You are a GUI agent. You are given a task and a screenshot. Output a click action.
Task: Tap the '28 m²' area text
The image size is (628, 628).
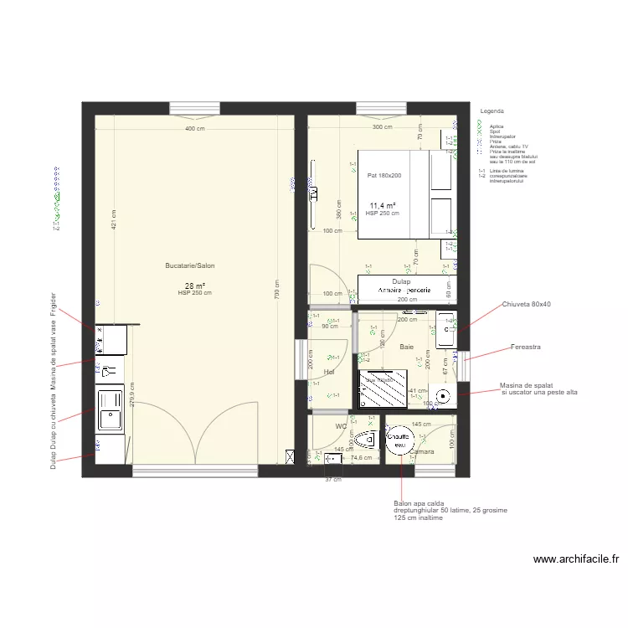point(194,286)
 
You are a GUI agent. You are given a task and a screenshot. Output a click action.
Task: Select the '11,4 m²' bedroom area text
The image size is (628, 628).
point(383,205)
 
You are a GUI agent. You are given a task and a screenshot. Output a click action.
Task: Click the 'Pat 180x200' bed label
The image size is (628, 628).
point(384,175)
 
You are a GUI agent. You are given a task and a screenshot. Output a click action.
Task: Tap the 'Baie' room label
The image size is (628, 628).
point(407,346)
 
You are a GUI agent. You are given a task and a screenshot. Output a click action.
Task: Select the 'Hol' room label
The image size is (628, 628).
point(329,372)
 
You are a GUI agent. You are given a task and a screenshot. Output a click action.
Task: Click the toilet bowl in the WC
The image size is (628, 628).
point(366,440)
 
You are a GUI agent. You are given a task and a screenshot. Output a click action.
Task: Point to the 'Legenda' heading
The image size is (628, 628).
point(492,111)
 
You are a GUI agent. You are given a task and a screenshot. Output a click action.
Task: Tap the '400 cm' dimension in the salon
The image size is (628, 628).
point(194,128)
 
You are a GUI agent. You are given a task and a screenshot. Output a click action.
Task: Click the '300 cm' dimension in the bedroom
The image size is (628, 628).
point(382,127)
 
